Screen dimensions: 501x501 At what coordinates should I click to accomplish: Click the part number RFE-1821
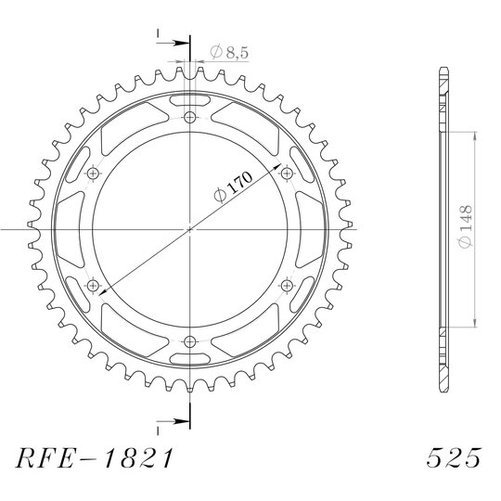click(95, 458)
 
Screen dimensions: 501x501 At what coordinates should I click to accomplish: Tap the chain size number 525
click(454, 458)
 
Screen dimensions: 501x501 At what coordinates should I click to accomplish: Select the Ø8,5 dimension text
click(229, 52)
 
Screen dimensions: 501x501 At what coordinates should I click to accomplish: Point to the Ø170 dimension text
click(233, 186)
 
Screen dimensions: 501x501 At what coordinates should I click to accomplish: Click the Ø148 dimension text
click(465, 226)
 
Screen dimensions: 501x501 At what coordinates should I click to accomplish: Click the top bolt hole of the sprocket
click(190, 118)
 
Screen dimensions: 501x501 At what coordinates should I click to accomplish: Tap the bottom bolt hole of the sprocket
click(190, 341)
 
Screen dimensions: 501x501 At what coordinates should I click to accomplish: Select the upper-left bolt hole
click(93, 173)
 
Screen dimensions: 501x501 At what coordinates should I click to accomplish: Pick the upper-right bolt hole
click(287, 173)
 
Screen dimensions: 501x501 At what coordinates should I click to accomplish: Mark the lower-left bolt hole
click(93, 286)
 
